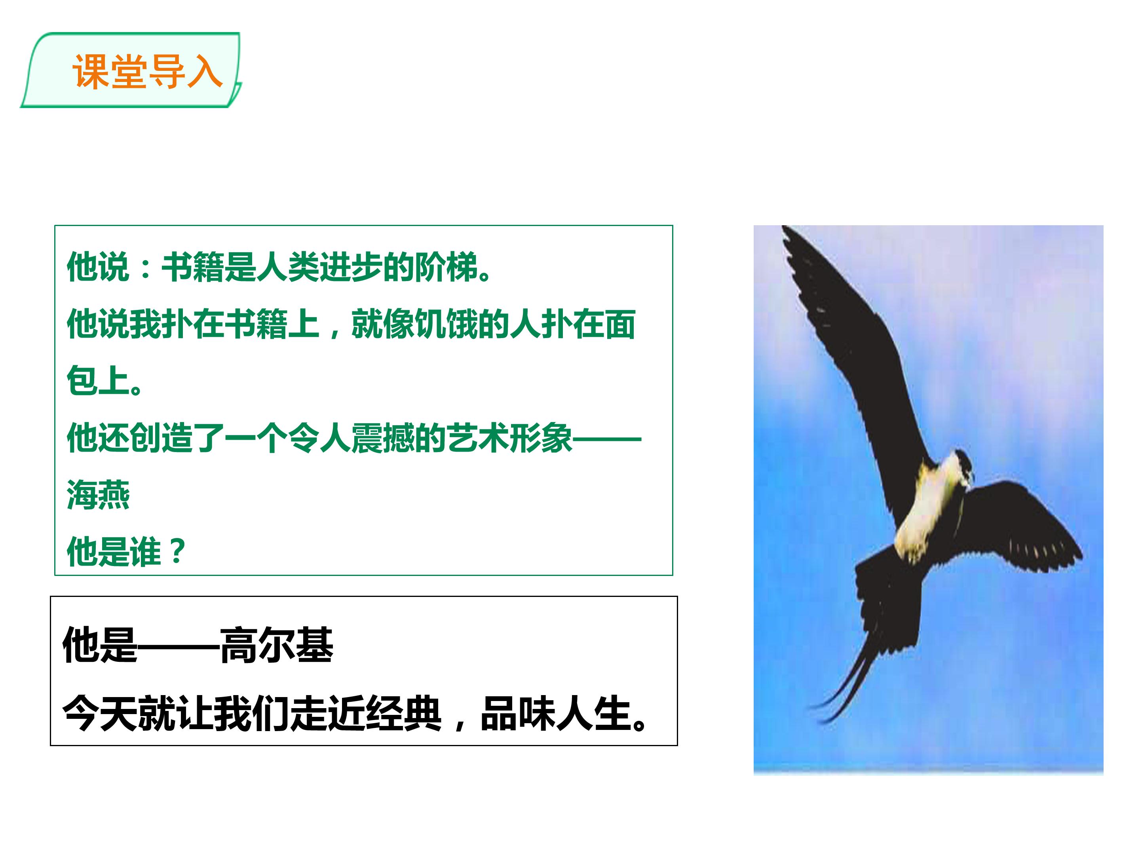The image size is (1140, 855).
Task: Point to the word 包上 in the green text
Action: click(x=98, y=381)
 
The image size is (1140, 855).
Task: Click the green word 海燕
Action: click(x=98, y=495)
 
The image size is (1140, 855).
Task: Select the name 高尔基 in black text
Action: click(x=277, y=645)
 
